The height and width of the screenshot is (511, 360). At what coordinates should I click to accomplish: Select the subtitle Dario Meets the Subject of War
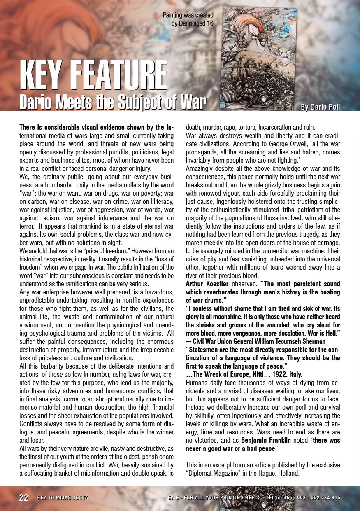112,102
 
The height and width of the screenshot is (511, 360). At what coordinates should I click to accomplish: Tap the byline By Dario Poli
320,107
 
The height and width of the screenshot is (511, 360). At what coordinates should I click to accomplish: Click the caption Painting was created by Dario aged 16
188,19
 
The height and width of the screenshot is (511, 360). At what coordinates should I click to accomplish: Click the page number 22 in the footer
24,497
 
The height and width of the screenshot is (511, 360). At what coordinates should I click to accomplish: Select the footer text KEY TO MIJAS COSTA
63,498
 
